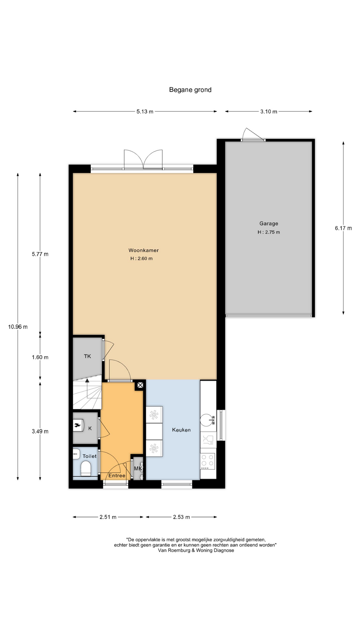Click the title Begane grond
coord(190,90)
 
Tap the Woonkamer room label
coord(144,250)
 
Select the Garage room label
coord(269,224)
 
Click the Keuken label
coord(181,430)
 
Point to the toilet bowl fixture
coord(86,468)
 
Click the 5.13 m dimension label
coord(145,112)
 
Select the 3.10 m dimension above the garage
coord(269,112)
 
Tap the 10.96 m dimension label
coord(18,327)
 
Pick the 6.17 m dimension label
coord(343,228)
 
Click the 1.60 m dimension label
coord(40,357)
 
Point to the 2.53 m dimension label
coord(181,517)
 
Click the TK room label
coord(87,356)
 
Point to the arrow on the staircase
coord(87,388)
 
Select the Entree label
coord(117,476)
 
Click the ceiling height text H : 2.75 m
coord(269,232)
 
